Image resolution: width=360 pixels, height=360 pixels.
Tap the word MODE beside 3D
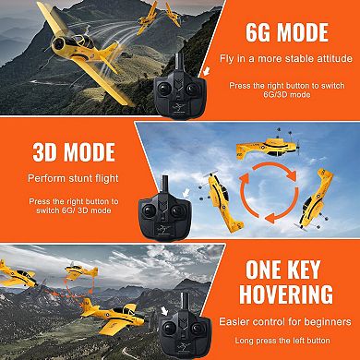tap(88, 152)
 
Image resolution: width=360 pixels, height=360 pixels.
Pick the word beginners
tap(324, 321)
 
